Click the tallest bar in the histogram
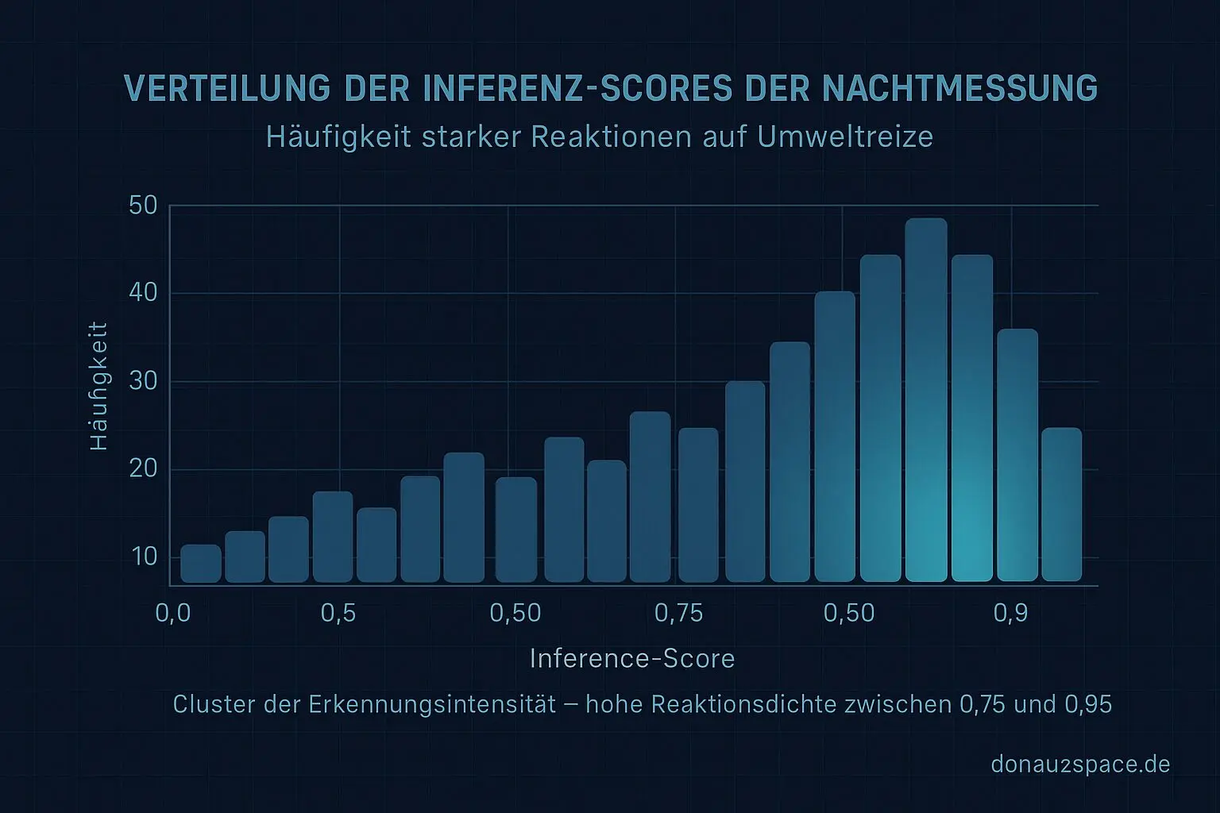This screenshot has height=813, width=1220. click(926, 400)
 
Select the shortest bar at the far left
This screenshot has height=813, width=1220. click(201, 564)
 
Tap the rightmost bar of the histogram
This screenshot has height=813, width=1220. click(1061, 505)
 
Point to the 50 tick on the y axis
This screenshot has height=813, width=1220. click(143, 206)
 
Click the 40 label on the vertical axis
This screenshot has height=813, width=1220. click(143, 294)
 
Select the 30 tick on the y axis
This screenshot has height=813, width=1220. click(143, 382)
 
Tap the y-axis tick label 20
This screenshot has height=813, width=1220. click(143, 469)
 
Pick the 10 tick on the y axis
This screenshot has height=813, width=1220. click(145, 557)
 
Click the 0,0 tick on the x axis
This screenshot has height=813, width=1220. click(173, 613)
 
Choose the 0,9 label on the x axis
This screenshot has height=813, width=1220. click(1010, 613)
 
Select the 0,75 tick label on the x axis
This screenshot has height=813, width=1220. click(678, 613)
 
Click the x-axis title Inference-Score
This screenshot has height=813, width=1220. click(631, 659)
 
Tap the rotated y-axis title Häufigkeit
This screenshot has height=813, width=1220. click(98, 386)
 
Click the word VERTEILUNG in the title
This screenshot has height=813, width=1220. click(227, 89)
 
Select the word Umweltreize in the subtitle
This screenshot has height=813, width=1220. click(845, 137)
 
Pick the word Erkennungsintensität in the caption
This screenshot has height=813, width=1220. click(432, 705)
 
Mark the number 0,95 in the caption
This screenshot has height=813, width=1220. click(1088, 705)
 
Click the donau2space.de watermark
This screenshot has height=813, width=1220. click(1080, 765)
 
